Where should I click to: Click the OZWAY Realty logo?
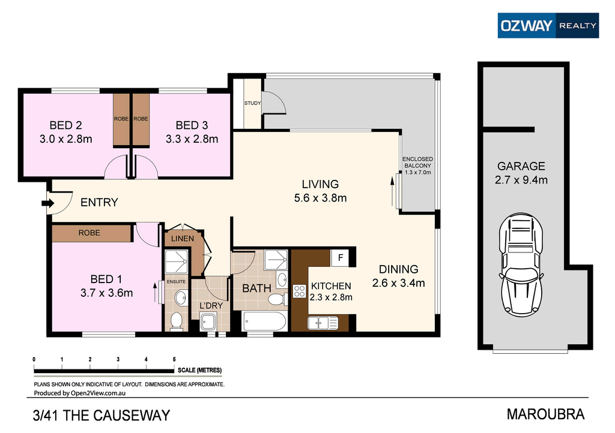(x=548, y=25)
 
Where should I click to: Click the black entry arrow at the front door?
(x=46, y=204)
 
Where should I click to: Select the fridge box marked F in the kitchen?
(x=341, y=258)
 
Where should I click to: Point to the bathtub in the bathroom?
(x=265, y=321)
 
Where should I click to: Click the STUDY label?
(x=252, y=103)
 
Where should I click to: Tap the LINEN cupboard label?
(x=183, y=238)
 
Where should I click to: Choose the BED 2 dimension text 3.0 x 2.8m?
(x=65, y=139)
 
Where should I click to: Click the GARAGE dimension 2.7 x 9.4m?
(x=521, y=179)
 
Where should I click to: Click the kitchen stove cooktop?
(x=299, y=291)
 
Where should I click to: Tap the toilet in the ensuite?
(x=177, y=321)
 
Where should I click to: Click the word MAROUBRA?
(x=545, y=414)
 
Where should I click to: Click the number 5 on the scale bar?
(x=174, y=359)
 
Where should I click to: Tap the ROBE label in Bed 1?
(x=89, y=233)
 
